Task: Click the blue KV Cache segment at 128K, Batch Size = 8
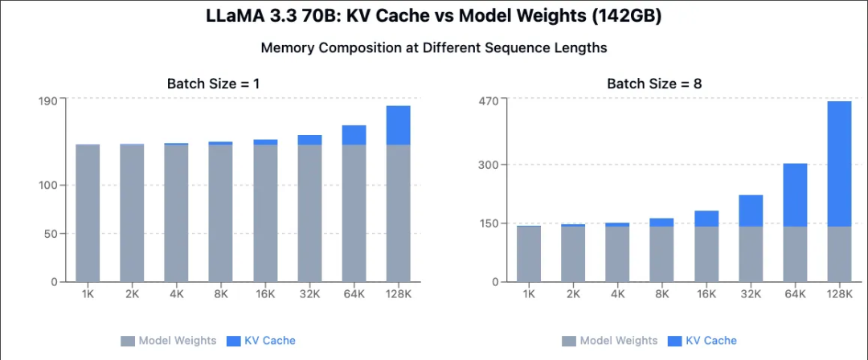[838, 164]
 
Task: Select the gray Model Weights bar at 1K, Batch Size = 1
[88, 213]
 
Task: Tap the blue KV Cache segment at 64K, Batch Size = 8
[795, 195]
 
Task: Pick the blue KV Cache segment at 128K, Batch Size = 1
[398, 125]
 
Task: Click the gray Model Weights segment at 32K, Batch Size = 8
[751, 254]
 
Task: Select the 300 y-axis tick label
[488, 165]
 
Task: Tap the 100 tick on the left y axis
[47, 185]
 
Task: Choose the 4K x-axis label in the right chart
[617, 294]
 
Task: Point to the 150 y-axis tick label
[488, 223]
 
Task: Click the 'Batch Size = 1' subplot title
[213, 84]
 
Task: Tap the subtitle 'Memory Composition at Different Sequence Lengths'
[434, 47]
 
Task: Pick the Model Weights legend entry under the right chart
[610, 341]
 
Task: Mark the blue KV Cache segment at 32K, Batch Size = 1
[309, 140]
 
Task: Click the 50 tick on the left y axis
[51, 234]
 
